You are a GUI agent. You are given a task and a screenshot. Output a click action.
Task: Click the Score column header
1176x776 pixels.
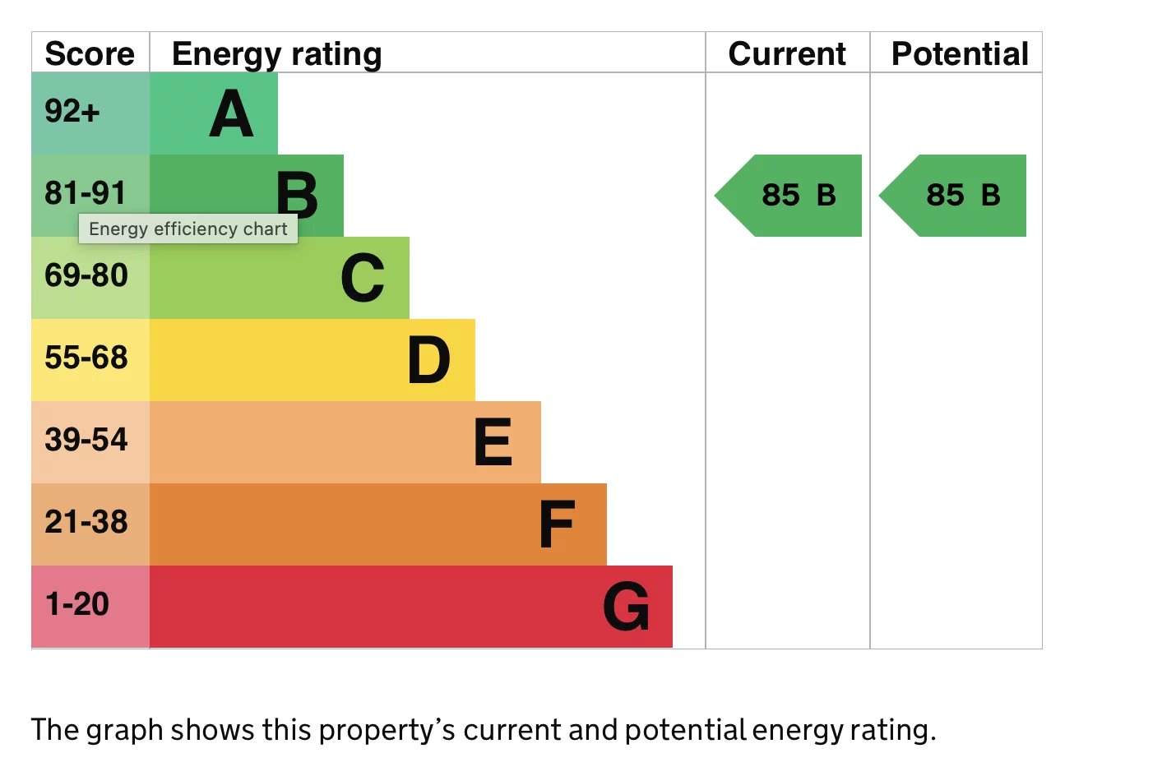tap(90, 53)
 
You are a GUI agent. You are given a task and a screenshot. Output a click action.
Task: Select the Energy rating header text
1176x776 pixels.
tap(276, 53)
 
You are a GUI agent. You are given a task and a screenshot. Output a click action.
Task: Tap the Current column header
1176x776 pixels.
tap(787, 53)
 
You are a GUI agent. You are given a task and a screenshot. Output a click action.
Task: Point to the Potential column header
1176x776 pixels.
tap(960, 53)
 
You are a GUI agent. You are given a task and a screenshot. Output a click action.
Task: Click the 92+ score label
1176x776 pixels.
tap(72, 111)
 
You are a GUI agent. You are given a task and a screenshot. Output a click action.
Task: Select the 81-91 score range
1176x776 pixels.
tap(86, 193)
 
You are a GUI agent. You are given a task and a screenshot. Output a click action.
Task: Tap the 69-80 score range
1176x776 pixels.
tap(86, 275)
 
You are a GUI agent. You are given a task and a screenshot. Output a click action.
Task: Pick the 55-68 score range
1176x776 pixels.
tap(86, 358)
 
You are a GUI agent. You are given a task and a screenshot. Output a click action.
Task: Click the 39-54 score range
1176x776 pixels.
tap(86, 440)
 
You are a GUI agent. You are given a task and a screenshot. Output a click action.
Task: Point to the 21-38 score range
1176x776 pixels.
tap(86, 522)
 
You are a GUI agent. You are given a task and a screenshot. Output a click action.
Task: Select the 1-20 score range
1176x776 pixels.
tap(77, 604)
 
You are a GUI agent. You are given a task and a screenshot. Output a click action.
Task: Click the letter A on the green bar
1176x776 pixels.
tap(231, 114)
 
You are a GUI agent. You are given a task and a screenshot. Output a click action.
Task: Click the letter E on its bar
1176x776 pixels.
tap(493, 442)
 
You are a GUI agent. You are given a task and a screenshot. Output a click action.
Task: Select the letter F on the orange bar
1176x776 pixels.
tap(557, 524)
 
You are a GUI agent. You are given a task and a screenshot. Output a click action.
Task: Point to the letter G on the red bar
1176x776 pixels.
tap(626, 607)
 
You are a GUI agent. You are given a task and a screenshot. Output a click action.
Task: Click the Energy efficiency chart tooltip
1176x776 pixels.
tap(188, 229)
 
